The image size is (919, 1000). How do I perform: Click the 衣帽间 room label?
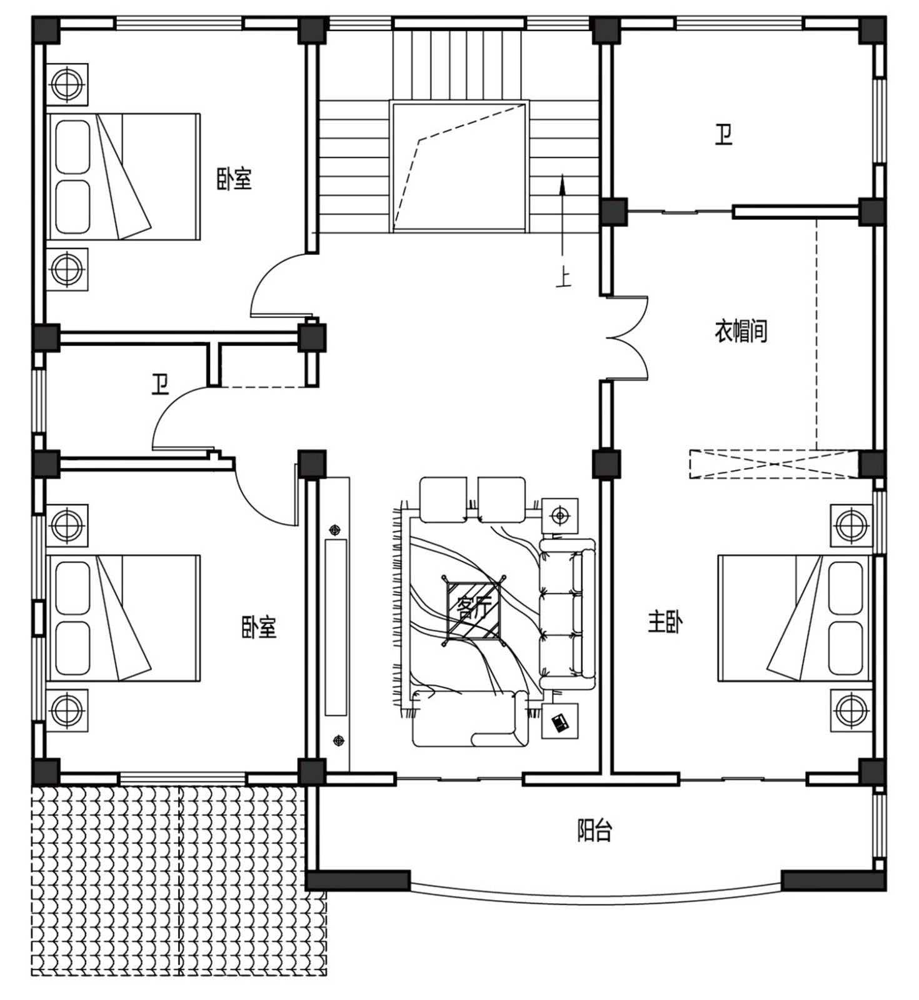tap(741, 331)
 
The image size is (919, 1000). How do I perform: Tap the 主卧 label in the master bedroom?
tap(665, 622)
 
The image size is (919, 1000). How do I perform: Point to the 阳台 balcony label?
tap(594, 831)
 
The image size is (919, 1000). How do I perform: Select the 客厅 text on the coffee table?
tap(474, 608)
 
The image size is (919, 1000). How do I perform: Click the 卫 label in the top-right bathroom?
tap(723, 135)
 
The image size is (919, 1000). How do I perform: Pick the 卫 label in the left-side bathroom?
tap(160, 384)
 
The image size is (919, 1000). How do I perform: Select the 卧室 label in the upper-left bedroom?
tap(234, 179)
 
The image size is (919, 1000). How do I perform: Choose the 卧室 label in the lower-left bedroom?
tap(259, 627)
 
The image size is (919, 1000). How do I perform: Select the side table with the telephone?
tap(560, 721)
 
